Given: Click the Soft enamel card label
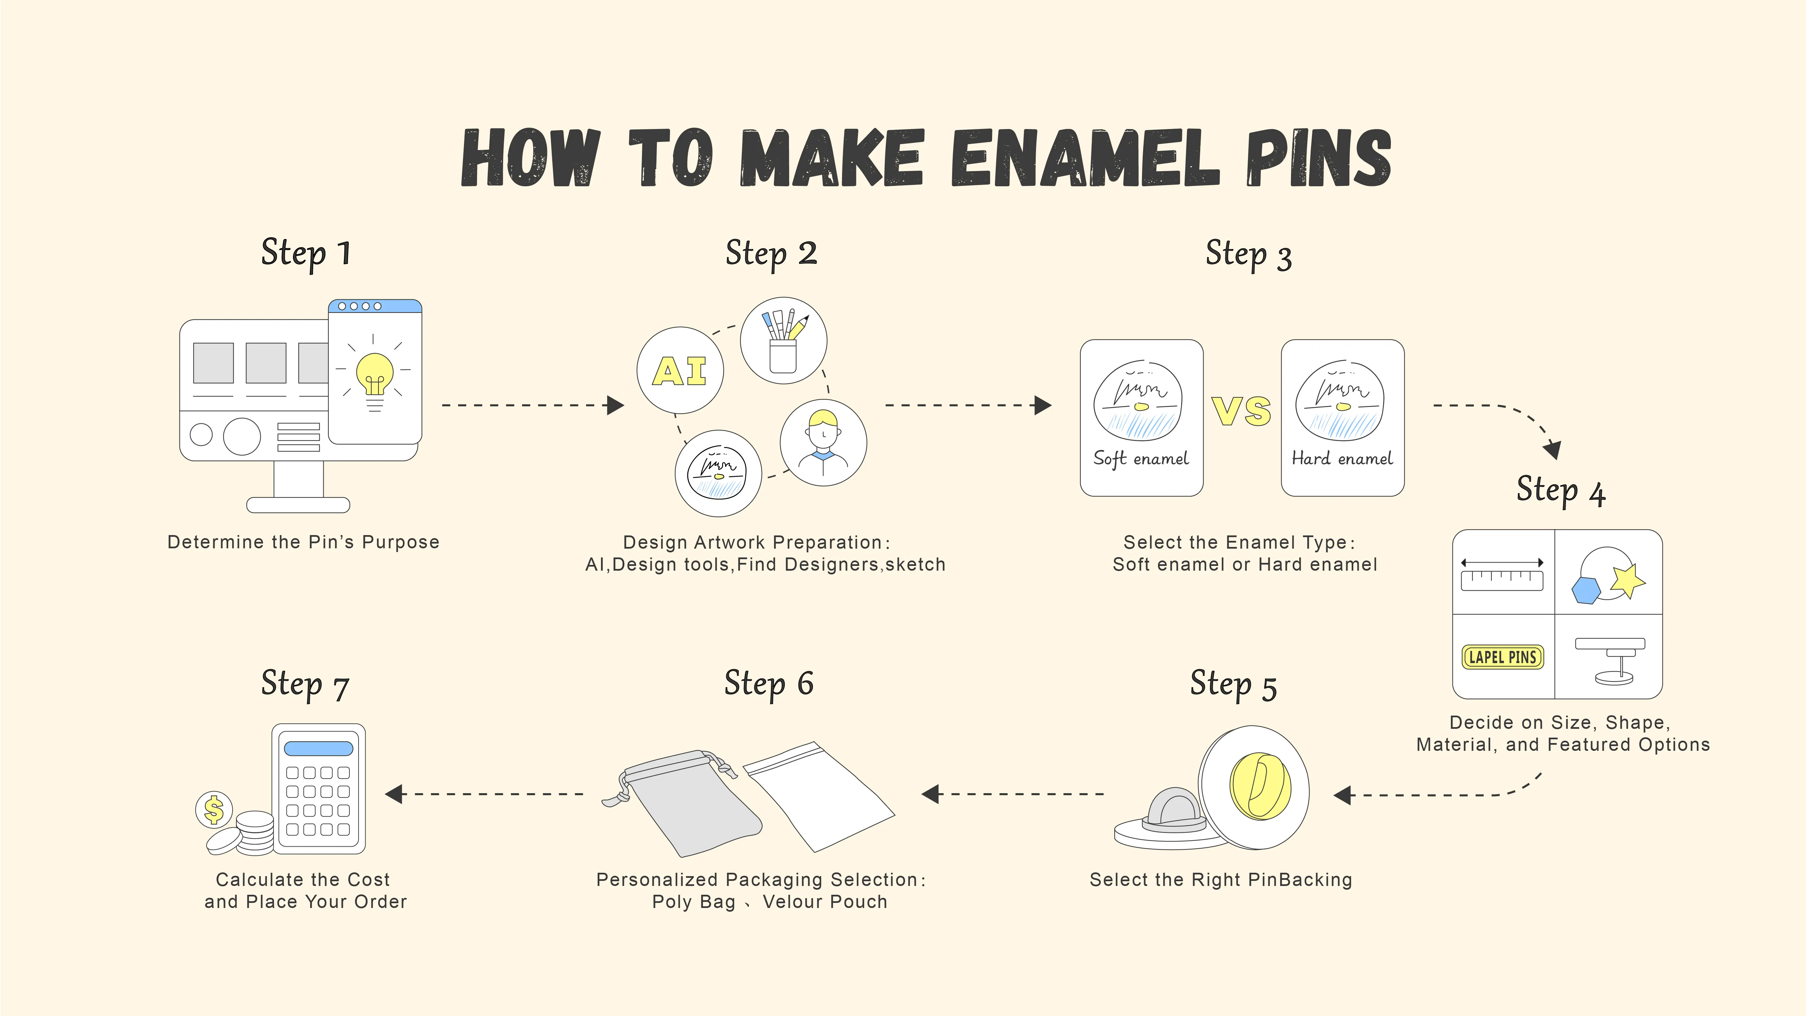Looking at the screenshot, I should click(x=1141, y=459).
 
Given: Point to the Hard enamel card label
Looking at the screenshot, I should click(x=1342, y=459).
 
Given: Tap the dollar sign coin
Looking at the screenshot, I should click(x=214, y=810).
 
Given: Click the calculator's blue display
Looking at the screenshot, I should click(x=318, y=748).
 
